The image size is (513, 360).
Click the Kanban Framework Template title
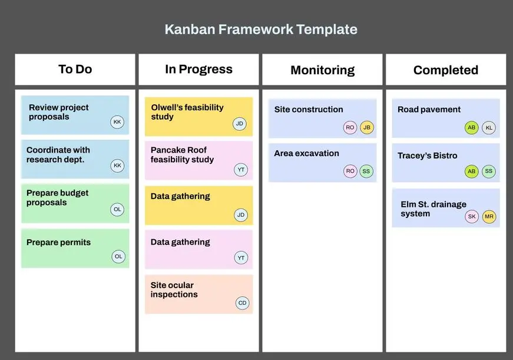click(x=261, y=29)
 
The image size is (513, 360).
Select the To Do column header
click(x=75, y=70)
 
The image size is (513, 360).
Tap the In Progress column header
click(x=198, y=70)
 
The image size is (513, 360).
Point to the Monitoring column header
click(x=323, y=70)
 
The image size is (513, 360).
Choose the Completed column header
click(x=446, y=70)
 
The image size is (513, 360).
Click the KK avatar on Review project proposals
click(x=117, y=122)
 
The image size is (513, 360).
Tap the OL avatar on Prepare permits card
click(x=118, y=256)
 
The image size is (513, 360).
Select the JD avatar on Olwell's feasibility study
click(x=240, y=124)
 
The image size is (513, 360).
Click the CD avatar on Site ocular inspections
click(x=243, y=303)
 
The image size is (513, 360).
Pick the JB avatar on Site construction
click(x=367, y=128)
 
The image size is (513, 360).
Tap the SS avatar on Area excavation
click(x=366, y=171)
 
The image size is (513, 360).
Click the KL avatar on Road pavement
click(x=489, y=128)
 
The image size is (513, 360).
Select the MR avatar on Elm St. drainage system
click(x=489, y=217)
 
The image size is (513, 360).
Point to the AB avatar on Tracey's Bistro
click(x=471, y=171)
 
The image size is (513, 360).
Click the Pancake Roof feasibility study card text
click(x=182, y=155)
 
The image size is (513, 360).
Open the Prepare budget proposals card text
click(x=57, y=197)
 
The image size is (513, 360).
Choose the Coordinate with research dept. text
click(x=58, y=155)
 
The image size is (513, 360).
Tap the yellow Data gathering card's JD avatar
click(x=241, y=215)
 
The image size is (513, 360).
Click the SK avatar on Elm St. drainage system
click(x=472, y=217)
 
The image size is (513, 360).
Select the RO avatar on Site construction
click(x=350, y=128)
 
